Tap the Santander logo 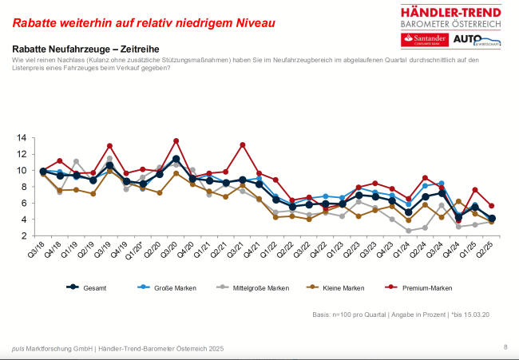[x=425, y=40]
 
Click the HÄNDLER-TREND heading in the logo [x=452, y=11]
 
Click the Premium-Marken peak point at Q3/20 [x=176, y=141]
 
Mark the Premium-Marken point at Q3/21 [x=242, y=145]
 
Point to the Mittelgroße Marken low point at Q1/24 [x=408, y=231]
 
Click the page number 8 [x=505, y=347]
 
